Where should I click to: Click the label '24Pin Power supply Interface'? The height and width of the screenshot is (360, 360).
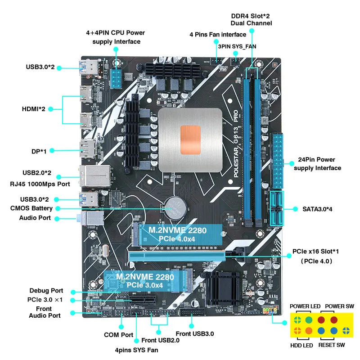(x=317, y=164)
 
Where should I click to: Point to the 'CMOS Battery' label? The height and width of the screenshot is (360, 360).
(x=31, y=208)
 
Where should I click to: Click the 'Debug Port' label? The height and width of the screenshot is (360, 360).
(x=46, y=291)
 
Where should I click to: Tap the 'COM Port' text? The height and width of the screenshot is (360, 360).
(x=118, y=335)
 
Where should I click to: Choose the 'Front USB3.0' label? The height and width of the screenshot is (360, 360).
(x=194, y=333)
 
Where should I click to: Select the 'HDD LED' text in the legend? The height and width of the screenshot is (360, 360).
(x=301, y=346)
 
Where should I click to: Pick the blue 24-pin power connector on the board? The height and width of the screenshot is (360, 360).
(x=278, y=161)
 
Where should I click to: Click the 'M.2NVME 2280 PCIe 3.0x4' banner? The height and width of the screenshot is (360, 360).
(x=143, y=280)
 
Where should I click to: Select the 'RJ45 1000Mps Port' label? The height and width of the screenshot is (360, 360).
(x=40, y=184)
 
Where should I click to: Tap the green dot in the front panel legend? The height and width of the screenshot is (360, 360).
(x=309, y=320)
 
